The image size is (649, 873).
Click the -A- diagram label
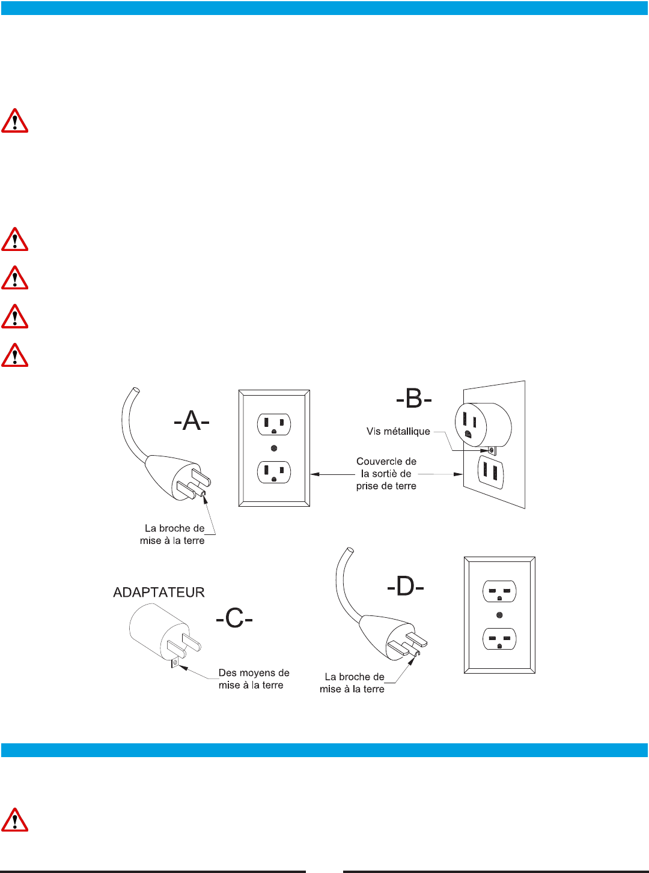(192, 421)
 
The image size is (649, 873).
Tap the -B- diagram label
(414, 399)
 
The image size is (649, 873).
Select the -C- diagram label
(234, 618)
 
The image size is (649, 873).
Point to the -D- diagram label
(406, 586)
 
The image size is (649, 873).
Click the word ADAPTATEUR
(159, 593)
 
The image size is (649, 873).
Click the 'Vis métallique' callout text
(398, 431)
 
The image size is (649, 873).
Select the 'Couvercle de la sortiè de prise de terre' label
(386, 474)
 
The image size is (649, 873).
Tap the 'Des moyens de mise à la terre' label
(254, 679)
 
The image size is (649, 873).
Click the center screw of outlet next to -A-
(274, 448)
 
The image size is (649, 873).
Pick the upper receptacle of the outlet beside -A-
(274, 424)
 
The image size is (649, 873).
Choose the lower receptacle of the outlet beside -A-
(274, 472)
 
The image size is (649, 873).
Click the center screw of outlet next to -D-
(499, 615)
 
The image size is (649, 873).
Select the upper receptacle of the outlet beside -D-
(499, 591)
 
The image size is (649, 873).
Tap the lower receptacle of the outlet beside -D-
(499, 639)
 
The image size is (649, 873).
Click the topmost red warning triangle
(15, 121)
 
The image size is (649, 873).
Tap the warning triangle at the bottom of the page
(15, 820)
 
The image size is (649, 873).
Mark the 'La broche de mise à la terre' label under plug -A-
(172, 534)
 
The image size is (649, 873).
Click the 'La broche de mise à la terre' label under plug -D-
(352, 683)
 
